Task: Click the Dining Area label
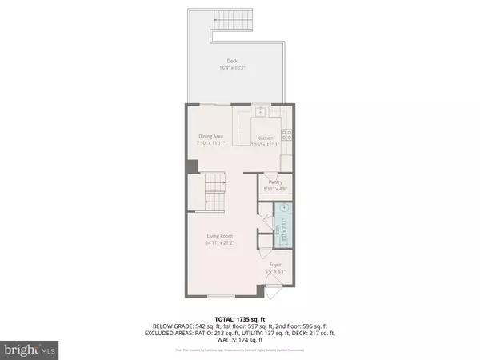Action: [x=211, y=137]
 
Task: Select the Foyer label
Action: [x=275, y=264]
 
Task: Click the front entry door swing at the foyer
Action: [x=272, y=290]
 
